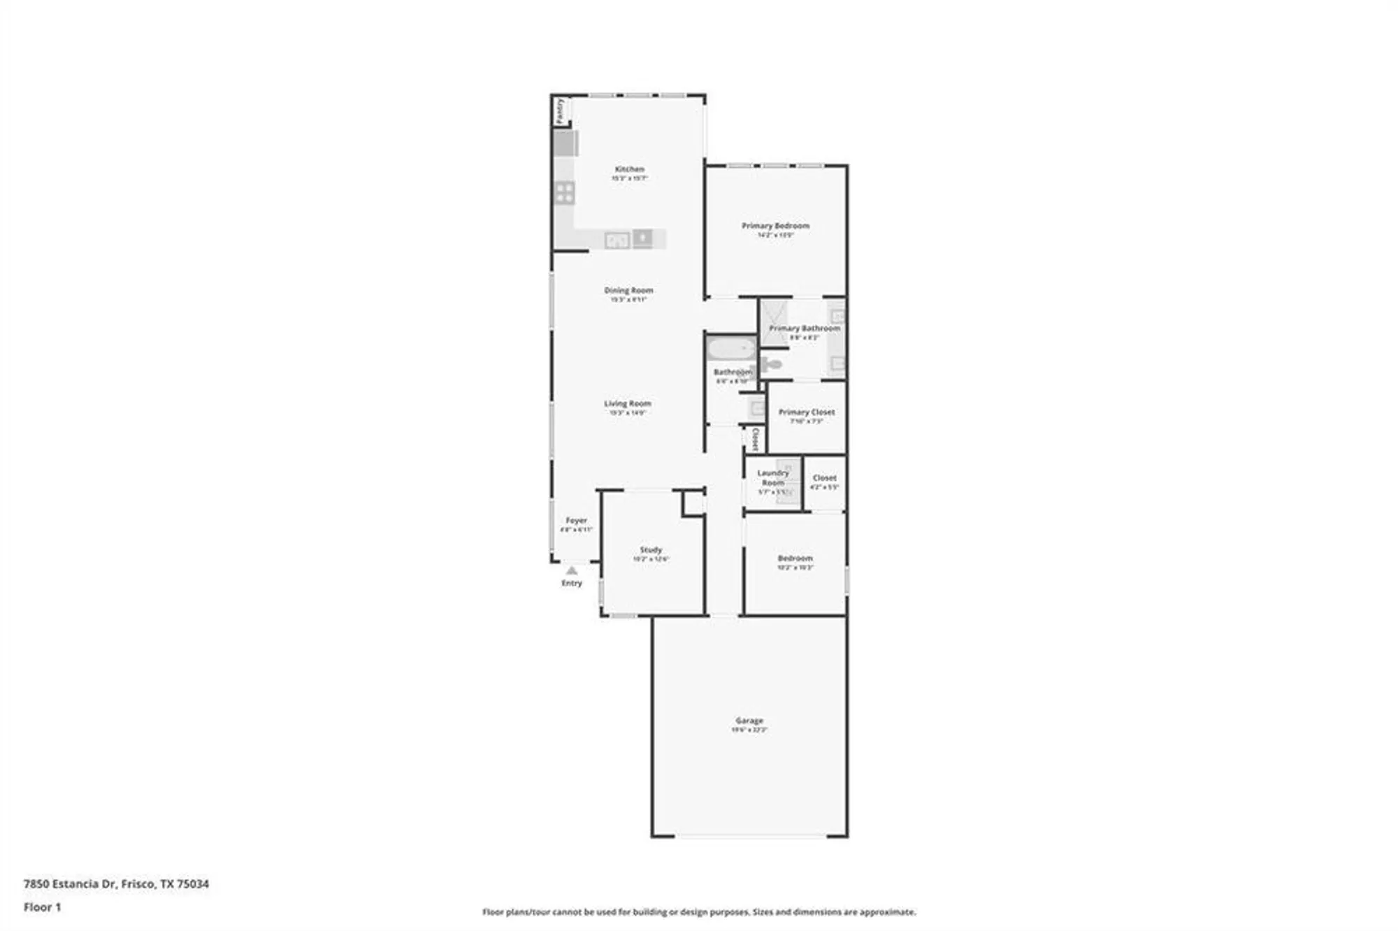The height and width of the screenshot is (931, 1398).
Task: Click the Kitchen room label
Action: (x=629, y=169)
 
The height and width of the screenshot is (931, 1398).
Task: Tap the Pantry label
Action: (x=560, y=112)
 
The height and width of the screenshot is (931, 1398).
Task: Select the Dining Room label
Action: (x=628, y=290)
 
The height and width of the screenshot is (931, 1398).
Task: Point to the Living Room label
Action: (x=627, y=403)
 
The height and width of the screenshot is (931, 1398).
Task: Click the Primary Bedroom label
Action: (x=775, y=226)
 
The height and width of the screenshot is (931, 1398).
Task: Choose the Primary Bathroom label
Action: (x=804, y=328)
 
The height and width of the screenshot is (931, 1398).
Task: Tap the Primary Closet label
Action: (x=806, y=412)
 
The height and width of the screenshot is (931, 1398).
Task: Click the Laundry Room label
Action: (x=772, y=478)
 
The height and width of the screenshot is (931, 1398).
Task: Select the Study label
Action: (x=651, y=550)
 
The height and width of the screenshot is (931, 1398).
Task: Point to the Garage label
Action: (x=749, y=720)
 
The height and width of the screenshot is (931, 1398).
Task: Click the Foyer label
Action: (x=576, y=521)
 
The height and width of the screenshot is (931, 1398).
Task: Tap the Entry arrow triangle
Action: (x=572, y=570)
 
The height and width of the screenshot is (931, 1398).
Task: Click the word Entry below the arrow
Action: (x=572, y=583)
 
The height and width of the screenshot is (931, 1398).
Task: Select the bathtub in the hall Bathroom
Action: (x=731, y=348)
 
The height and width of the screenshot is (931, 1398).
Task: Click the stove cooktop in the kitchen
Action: (x=564, y=193)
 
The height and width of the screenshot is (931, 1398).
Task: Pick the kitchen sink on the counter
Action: (x=617, y=240)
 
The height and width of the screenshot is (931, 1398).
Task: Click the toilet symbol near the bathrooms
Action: (x=771, y=364)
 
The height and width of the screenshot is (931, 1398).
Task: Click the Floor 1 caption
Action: (x=43, y=907)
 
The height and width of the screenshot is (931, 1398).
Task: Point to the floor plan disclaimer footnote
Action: (x=699, y=912)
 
